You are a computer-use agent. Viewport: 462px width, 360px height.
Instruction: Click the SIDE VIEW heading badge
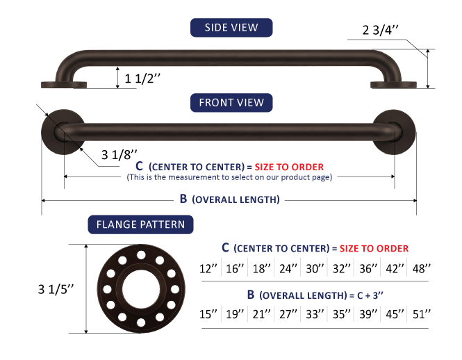coord(231,28)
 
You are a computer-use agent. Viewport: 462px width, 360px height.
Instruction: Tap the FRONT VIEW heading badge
coord(231,103)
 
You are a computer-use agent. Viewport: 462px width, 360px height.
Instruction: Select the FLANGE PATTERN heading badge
coord(140,224)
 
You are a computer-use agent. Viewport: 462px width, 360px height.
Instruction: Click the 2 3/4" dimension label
coord(380,30)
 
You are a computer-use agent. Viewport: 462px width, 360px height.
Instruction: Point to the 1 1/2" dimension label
coord(142,79)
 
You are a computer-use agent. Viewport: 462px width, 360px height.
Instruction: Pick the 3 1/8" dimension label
coord(119,155)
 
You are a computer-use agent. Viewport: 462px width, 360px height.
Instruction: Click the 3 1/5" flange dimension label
coord(56,289)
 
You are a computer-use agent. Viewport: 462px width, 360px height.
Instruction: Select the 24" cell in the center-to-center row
coord(288,268)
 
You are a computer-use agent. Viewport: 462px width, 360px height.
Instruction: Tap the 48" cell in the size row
coord(421,268)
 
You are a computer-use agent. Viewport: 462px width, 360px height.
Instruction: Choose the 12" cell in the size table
coord(208,268)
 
